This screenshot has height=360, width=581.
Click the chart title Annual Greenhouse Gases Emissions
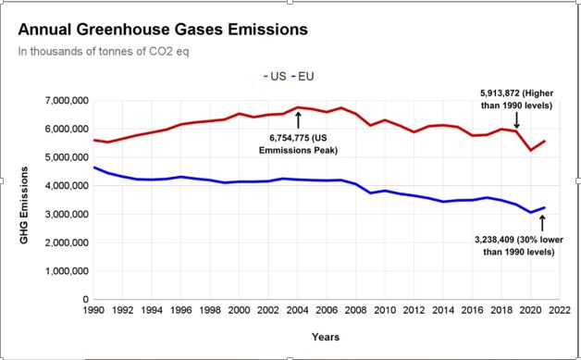pos(162,30)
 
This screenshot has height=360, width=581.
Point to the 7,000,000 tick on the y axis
pos(62,100)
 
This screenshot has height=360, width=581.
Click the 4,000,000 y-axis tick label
pos(62,186)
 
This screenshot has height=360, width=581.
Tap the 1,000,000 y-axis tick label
pos(62,272)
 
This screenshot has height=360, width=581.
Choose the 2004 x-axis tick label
pos(298,312)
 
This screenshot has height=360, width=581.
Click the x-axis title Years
pos(325,336)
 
